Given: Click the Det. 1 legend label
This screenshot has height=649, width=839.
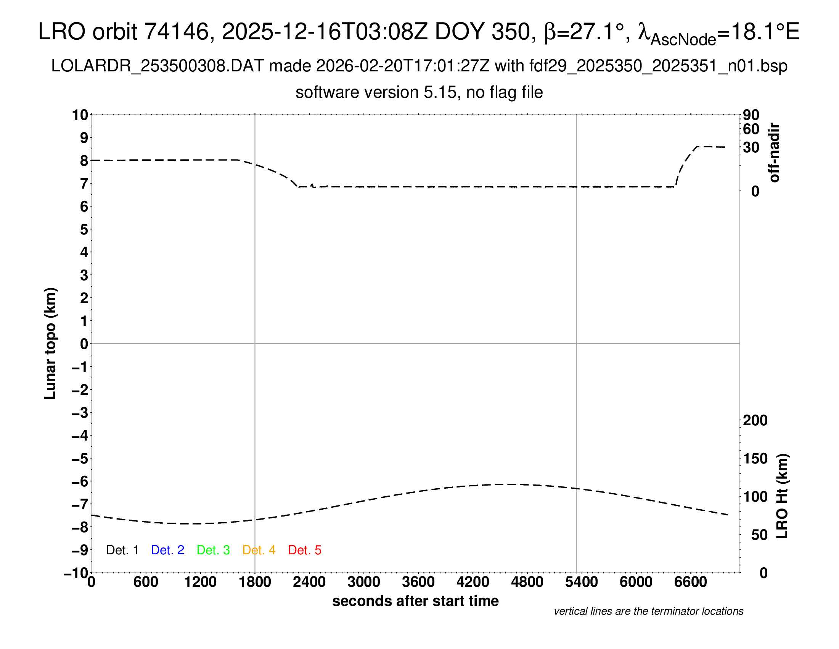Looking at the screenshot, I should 122,550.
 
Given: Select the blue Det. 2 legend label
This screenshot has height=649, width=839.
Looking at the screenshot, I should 167,550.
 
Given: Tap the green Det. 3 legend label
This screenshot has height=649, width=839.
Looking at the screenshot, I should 213,550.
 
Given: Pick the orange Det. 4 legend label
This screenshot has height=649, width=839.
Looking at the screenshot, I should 259,550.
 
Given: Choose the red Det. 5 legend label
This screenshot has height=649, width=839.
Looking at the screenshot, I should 305,550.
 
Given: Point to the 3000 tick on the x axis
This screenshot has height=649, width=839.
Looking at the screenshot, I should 364,582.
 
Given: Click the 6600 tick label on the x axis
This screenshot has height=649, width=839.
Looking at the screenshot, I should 691,582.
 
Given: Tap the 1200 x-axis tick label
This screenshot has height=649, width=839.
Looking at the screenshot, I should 200,582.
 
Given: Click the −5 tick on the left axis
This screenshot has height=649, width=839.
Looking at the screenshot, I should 80,458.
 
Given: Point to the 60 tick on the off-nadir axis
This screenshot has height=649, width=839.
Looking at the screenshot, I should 751,129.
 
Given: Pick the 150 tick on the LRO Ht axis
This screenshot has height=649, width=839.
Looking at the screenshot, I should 755,458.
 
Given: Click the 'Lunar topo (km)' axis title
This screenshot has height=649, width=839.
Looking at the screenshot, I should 50,343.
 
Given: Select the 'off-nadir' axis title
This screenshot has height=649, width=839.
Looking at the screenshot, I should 775,153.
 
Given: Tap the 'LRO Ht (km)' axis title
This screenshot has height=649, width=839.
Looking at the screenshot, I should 782,496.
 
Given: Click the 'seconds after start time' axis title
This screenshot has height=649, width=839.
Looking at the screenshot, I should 415,601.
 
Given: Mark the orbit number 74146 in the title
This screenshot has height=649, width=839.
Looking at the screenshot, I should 176,32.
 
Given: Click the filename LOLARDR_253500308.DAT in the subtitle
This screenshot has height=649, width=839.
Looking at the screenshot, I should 158,66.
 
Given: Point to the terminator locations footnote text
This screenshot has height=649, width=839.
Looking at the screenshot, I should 648,611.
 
